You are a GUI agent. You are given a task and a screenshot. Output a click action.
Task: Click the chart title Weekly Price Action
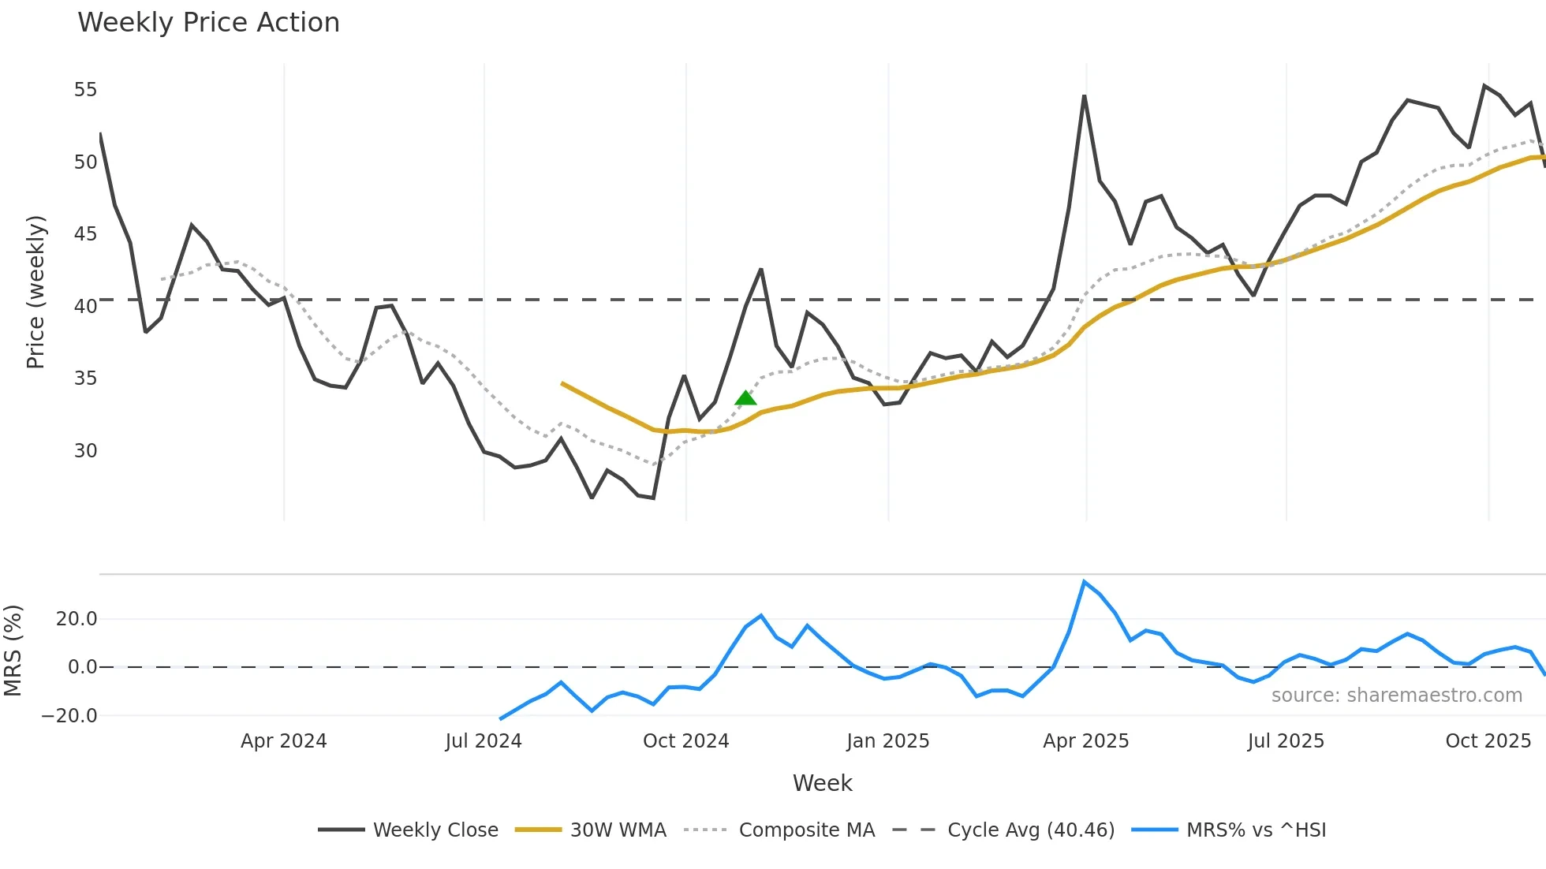click(208, 23)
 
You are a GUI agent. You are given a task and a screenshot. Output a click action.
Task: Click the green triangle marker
click(745, 398)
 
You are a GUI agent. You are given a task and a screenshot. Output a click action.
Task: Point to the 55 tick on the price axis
click(85, 90)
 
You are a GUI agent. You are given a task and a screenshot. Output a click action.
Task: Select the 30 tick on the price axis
click(85, 451)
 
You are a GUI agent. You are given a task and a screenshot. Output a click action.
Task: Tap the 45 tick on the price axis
click(85, 234)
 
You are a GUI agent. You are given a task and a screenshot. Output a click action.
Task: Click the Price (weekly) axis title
click(36, 292)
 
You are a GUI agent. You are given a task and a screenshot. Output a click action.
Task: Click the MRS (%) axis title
click(13, 651)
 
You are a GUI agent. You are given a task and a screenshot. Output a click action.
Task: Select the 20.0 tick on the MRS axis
click(77, 619)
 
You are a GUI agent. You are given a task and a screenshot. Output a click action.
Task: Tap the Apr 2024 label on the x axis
click(283, 741)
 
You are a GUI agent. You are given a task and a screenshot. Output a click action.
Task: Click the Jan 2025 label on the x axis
click(887, 741)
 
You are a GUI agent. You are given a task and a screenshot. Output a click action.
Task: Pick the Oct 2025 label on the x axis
click(1488, 741)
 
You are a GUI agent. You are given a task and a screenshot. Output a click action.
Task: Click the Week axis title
click(822, 783)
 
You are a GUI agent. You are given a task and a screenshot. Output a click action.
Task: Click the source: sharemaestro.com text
click(1396, 696)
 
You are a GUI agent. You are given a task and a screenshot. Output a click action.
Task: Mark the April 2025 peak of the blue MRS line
click(1085, 582)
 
